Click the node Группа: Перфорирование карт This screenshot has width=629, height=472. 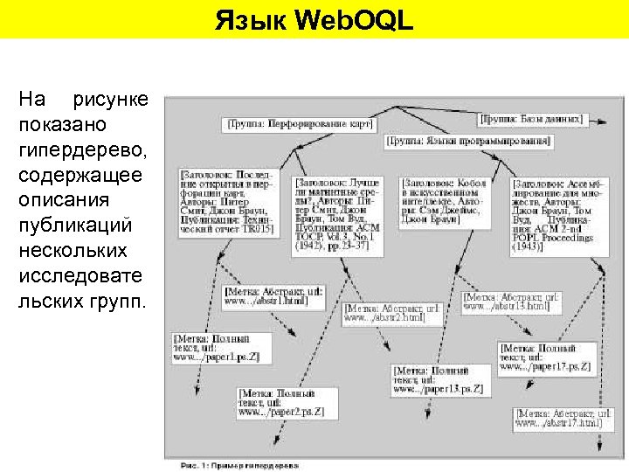(x=300, y=124)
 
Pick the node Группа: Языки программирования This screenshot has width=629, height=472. (x=469, y=140)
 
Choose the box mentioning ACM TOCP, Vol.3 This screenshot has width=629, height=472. (x=343, y=215)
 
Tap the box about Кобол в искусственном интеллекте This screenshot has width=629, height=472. (x=445, y=202)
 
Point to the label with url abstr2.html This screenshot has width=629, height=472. (x=387, y=313)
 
